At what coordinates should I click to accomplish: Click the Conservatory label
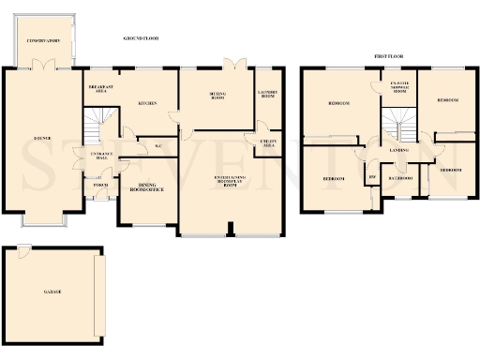(43, 42)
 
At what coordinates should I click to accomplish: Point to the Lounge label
(42, 138)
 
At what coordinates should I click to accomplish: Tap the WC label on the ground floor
(158, 146)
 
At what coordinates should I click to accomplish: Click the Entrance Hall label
(101, 156)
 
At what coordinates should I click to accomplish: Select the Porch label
(101, 186)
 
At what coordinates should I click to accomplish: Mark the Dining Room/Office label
(146, 187)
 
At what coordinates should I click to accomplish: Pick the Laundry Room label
(270, 93)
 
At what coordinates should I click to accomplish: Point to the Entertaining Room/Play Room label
(230, 180)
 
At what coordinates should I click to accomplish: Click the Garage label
(52, 292)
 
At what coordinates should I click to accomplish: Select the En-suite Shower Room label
(399, 88)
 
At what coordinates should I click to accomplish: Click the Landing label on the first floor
(399, 150)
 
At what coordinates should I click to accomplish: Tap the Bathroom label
(403, 177)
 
